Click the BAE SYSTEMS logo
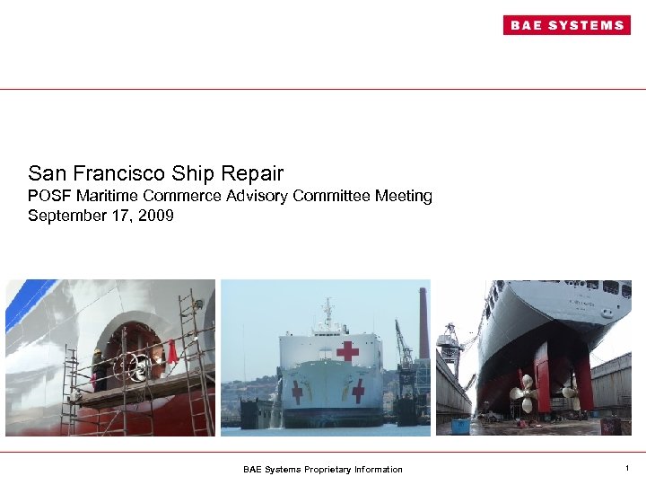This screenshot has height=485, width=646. [x=566, y=25]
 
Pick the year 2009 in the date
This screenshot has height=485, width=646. [x=155, y=216]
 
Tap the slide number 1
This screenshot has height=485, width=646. [x=626, y=468]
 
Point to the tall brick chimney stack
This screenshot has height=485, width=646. [x=423, y=323]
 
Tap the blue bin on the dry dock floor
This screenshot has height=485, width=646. [x=461, y=424]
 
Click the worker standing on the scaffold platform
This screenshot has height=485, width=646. [x=98, y=368]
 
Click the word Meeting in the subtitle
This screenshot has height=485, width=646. [x=404, y=196]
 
